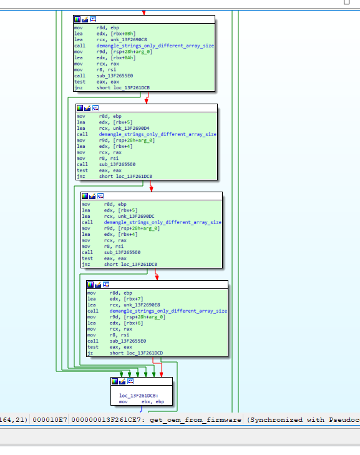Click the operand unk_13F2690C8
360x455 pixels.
(129, 40)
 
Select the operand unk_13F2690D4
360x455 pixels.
(131, 128)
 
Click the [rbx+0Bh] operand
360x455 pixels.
(123, 34)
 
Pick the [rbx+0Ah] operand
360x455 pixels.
(123, 58)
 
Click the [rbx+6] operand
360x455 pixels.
(134, 323)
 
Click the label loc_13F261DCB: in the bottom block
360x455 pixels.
(139, 396)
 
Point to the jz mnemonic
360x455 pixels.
(90, 353)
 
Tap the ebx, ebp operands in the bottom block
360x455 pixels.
(153, 402)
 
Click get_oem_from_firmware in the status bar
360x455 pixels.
(195, 420)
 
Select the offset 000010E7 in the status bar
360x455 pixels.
(50, 420)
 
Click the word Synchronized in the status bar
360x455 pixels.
(274, 420)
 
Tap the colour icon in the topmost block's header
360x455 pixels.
(77, 19)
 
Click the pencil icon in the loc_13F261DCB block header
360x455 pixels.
(122, 381)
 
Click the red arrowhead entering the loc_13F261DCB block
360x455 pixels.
(162, 374)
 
